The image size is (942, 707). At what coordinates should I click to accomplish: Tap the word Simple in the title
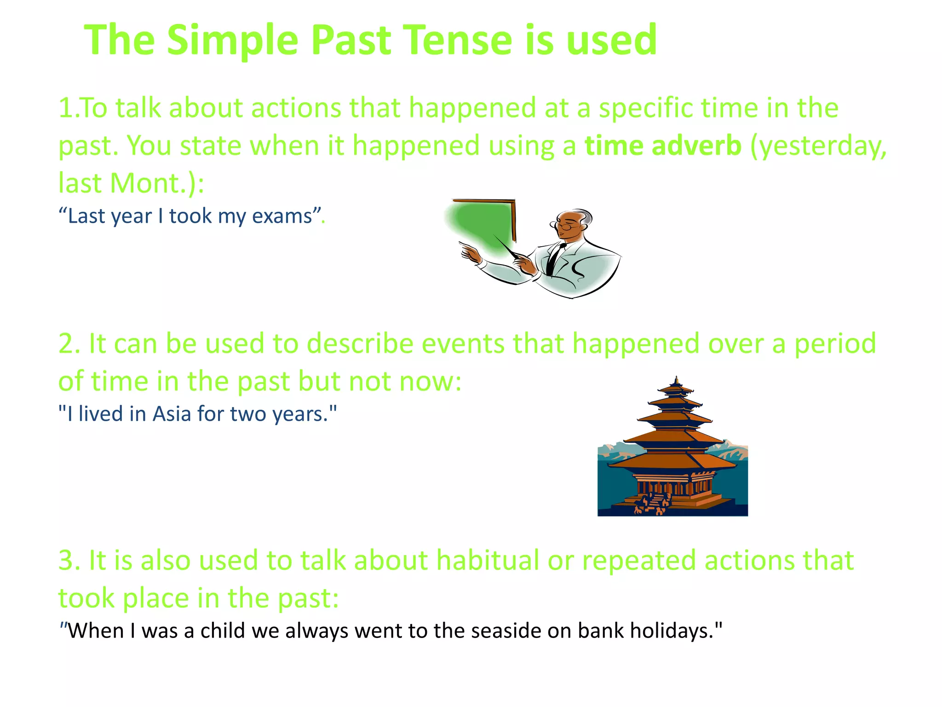[x=232, y=41]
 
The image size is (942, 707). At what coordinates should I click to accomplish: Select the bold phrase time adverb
[x=663, y=146]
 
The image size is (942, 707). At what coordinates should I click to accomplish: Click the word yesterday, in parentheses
[x=819, y=146]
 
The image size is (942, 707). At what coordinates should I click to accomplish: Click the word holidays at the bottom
[x=672, y=631]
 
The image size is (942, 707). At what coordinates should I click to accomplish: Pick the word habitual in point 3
[x=488, y=561]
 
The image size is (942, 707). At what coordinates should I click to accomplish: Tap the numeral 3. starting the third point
[x=69, y=561]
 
